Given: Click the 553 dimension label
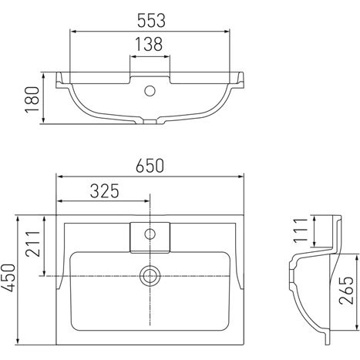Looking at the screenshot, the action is tap(151, 21).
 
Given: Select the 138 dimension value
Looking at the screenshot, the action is tap(149, 44).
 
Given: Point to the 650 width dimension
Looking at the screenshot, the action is tap(150, 166).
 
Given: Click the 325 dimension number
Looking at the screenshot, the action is tap(105, 191).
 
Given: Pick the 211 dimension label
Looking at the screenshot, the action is tap(33, 244).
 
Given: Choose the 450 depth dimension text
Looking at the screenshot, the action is tap(8, 278).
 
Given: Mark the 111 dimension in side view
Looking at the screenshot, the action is tap(301, 230).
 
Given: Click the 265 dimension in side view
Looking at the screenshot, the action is tap(346, 291).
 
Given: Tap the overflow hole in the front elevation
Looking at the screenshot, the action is tap(150, 91).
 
